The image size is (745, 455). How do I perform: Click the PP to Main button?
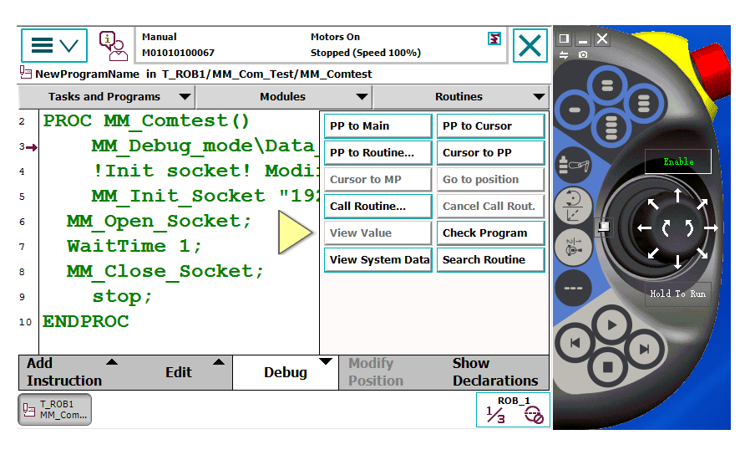pos(378,126)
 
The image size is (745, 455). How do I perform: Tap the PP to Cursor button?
pos(491,126)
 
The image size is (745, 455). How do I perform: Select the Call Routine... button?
pos(378,206)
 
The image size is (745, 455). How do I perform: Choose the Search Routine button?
pos(491,259)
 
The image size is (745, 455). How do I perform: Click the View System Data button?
pos(378,259)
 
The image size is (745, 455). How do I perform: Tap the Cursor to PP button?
pos(491,153)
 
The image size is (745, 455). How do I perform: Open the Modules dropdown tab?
pos(284,97)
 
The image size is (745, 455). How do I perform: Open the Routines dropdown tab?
pos(461,97)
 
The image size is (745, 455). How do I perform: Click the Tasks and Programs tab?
pos(106,97)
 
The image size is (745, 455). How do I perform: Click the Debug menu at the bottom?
pos(286,372)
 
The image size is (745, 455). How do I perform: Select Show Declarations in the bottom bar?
pos(495,372)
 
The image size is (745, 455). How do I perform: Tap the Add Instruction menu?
pos(72,372)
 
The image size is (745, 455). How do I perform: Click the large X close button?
pos(530,46)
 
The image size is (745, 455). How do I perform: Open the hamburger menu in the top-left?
pos(54,46)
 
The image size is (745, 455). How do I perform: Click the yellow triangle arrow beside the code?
pos(295,233)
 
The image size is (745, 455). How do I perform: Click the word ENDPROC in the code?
pos(86,322)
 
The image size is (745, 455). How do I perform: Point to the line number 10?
pos(25,322)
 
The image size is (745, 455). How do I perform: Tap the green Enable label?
pos(678,161)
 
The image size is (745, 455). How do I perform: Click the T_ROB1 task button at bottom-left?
pos(55,409)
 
